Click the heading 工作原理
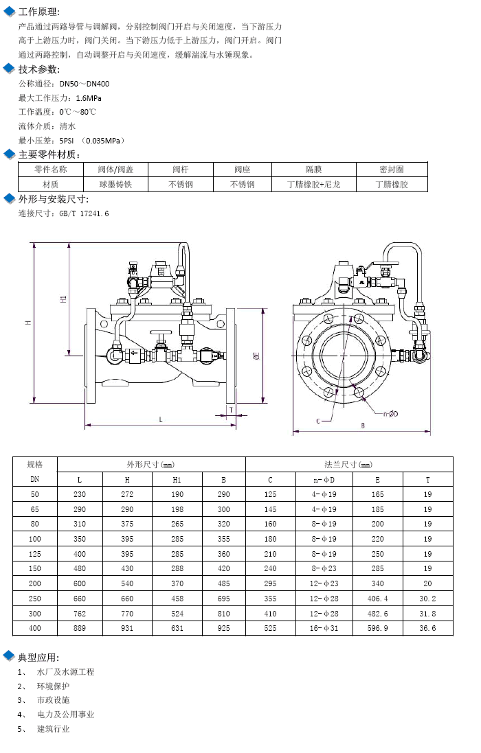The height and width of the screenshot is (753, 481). (x=38, y=12)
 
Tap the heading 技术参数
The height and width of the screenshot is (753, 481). (x=38, y=69)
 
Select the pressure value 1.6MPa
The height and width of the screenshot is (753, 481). (x=89, y=98)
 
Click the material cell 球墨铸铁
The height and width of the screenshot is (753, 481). (x=115, y=185)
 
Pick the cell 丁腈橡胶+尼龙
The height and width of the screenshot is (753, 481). (x=313, y=185)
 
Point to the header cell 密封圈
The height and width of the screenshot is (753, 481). (x=391, y=170)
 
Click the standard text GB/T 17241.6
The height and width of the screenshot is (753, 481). (x=84, y=213)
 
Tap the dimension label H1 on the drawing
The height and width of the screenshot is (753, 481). (x=63, y=299)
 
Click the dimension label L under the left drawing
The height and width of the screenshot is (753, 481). (x=161, y=419)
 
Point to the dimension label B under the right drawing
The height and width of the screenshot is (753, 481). (x=363, y=426)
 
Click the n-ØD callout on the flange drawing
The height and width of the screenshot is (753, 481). (x=390, y=413)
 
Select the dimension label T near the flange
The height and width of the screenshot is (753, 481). (x=231, y=410)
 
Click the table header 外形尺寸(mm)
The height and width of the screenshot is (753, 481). (x=150, y=465)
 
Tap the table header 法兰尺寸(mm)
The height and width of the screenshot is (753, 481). (x=348, y=465)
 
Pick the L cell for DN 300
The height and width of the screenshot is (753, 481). (x=79, y=613)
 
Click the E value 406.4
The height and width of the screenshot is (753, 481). (x=377, y=599)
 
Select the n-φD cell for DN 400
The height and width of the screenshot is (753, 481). (x=324, y=628)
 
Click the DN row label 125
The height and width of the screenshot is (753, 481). (x=34, y=554)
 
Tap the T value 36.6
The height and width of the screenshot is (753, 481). (x=427, y=628)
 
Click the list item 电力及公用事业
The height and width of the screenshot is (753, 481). (x=66, y=715)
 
